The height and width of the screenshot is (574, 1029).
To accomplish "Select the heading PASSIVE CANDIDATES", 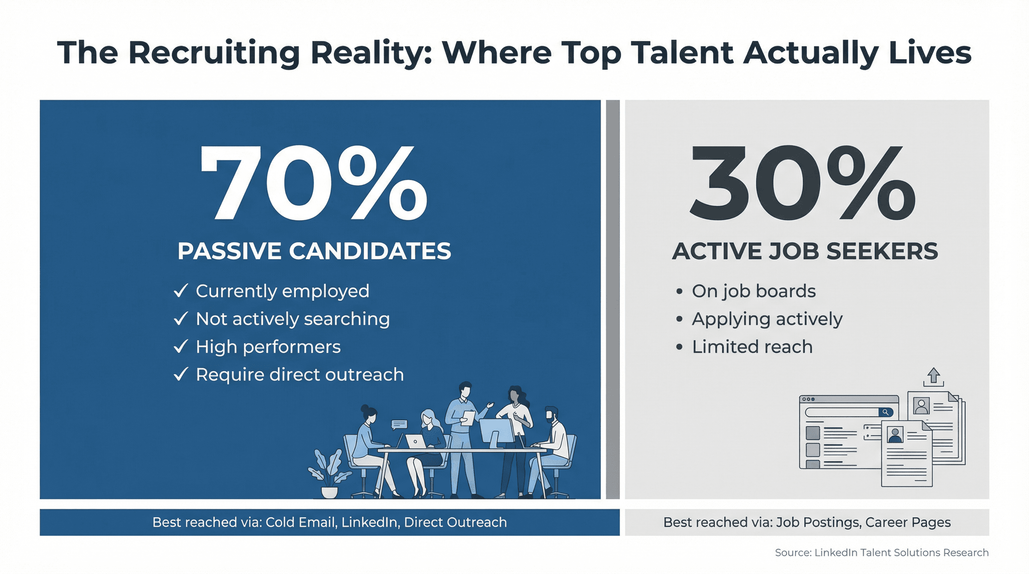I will tap(314, 251).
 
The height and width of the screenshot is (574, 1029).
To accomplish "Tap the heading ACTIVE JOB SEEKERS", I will tap(805, 251).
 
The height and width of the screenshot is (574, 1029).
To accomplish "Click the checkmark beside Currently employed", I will tap(181, 291).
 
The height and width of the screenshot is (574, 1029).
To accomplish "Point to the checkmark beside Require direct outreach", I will tap(181, 374).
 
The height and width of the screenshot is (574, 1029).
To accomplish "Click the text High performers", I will tap(268, 346).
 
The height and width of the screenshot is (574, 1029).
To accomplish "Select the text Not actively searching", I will tap(292, 318).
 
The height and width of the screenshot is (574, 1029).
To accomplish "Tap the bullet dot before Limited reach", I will tap(679, 346).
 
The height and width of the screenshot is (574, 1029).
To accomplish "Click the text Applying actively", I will tap(767, 319).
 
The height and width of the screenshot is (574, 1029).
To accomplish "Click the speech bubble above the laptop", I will tap(399, 424).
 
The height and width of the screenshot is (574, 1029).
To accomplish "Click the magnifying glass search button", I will tap(885, 412).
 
